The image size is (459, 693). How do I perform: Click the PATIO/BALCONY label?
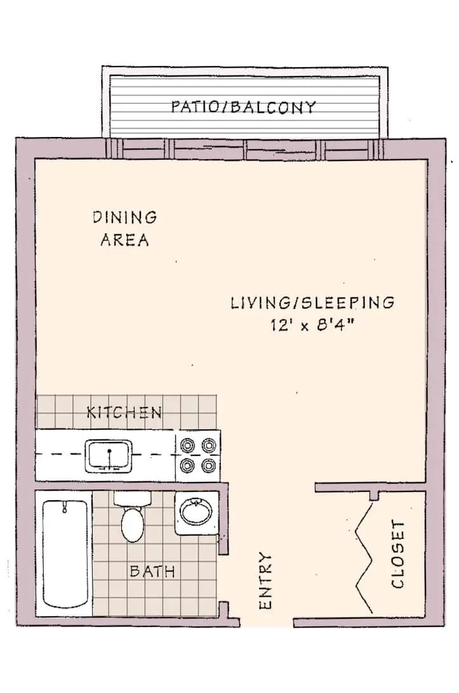pyautogui.click(x=243, y=107)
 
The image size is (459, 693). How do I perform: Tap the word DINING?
pyautogui.click(x=125, y=217)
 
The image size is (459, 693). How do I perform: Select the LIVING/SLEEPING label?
pyautogui.click(x=312, y=302)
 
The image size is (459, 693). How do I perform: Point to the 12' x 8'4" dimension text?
pyautogui.click(x=313, y=325)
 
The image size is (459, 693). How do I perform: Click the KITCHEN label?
pyautogui.click(x=124, y=412)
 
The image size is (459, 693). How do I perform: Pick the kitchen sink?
pyautogui.click(x=109, y=455)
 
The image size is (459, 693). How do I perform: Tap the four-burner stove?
pyautogui.click(x=198, y=456)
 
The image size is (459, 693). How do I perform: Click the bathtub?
pyautogui.click(x=65, y=554)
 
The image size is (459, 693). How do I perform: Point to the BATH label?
pyautogui.click(x=152, y=571)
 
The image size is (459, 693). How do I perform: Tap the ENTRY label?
pyautogui.click(x=265, y=580)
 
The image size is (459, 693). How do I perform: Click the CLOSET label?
pyautogui.click(x=398, y=554)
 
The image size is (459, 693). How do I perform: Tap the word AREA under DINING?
pyautogui.click(x=125, y=240)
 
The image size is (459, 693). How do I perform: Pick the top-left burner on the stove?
pyautogui.click(x=188, y=446)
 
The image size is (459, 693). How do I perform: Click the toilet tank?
pyautogui.click(x=133, y=498)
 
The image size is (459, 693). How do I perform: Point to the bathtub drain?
pyautogui.click(x=65, y=507)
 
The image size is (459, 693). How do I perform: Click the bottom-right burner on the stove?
pyautogui.click(x=208, y=465)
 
